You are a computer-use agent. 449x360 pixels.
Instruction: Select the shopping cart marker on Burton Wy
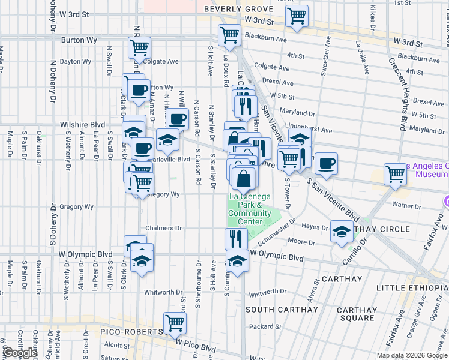[139, 47]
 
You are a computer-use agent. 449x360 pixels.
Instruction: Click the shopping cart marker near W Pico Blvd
[175, 323]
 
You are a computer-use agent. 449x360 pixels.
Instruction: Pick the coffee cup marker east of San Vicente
[326, 164]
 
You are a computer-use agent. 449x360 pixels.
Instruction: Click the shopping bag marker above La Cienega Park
[244, 178]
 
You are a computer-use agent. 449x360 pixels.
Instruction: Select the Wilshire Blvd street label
[83, 125]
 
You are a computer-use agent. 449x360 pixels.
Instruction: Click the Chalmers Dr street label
[163, 229]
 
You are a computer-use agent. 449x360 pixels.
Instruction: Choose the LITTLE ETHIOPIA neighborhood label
[412, 289]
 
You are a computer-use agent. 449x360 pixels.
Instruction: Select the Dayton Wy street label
[75, 61]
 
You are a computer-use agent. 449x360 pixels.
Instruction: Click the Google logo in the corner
[20, 353]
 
